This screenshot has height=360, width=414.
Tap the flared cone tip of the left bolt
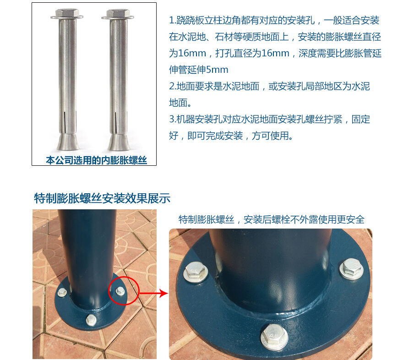coord(67,142)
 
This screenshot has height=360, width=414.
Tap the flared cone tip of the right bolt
coord(118,142)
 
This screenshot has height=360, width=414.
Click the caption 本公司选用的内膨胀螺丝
coord(96,160)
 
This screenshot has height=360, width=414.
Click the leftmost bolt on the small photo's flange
coord(62,292)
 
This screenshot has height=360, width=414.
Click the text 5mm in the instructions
coord(217,70)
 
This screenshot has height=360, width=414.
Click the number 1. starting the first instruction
coord(172,21)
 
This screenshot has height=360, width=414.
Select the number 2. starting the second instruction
coord(172,87)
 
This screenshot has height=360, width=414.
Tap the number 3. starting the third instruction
coord(172,120)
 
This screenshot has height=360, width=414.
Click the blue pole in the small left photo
coord(86,256)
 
